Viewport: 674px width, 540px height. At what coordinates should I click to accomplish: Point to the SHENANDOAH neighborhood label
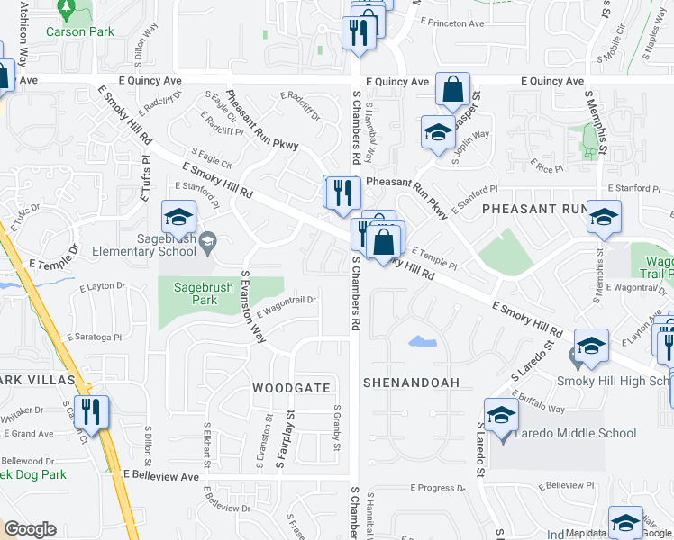click(x=411, y=382)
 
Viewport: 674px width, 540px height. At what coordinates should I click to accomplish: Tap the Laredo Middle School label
click(x=575, y=434)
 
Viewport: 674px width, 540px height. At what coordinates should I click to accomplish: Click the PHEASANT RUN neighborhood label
click(x=534, y=209)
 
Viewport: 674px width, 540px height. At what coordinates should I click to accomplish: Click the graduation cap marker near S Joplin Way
click(x=438, y=134)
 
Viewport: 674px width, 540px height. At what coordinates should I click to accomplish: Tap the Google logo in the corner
click(x=30, y=529)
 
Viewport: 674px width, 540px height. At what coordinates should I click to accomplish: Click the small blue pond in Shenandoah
click(x=419, y=342)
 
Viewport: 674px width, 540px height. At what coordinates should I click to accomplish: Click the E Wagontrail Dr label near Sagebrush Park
click(x=286, y=307)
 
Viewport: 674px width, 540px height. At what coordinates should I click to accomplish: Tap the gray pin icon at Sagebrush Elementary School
click(x=208, y=239)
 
